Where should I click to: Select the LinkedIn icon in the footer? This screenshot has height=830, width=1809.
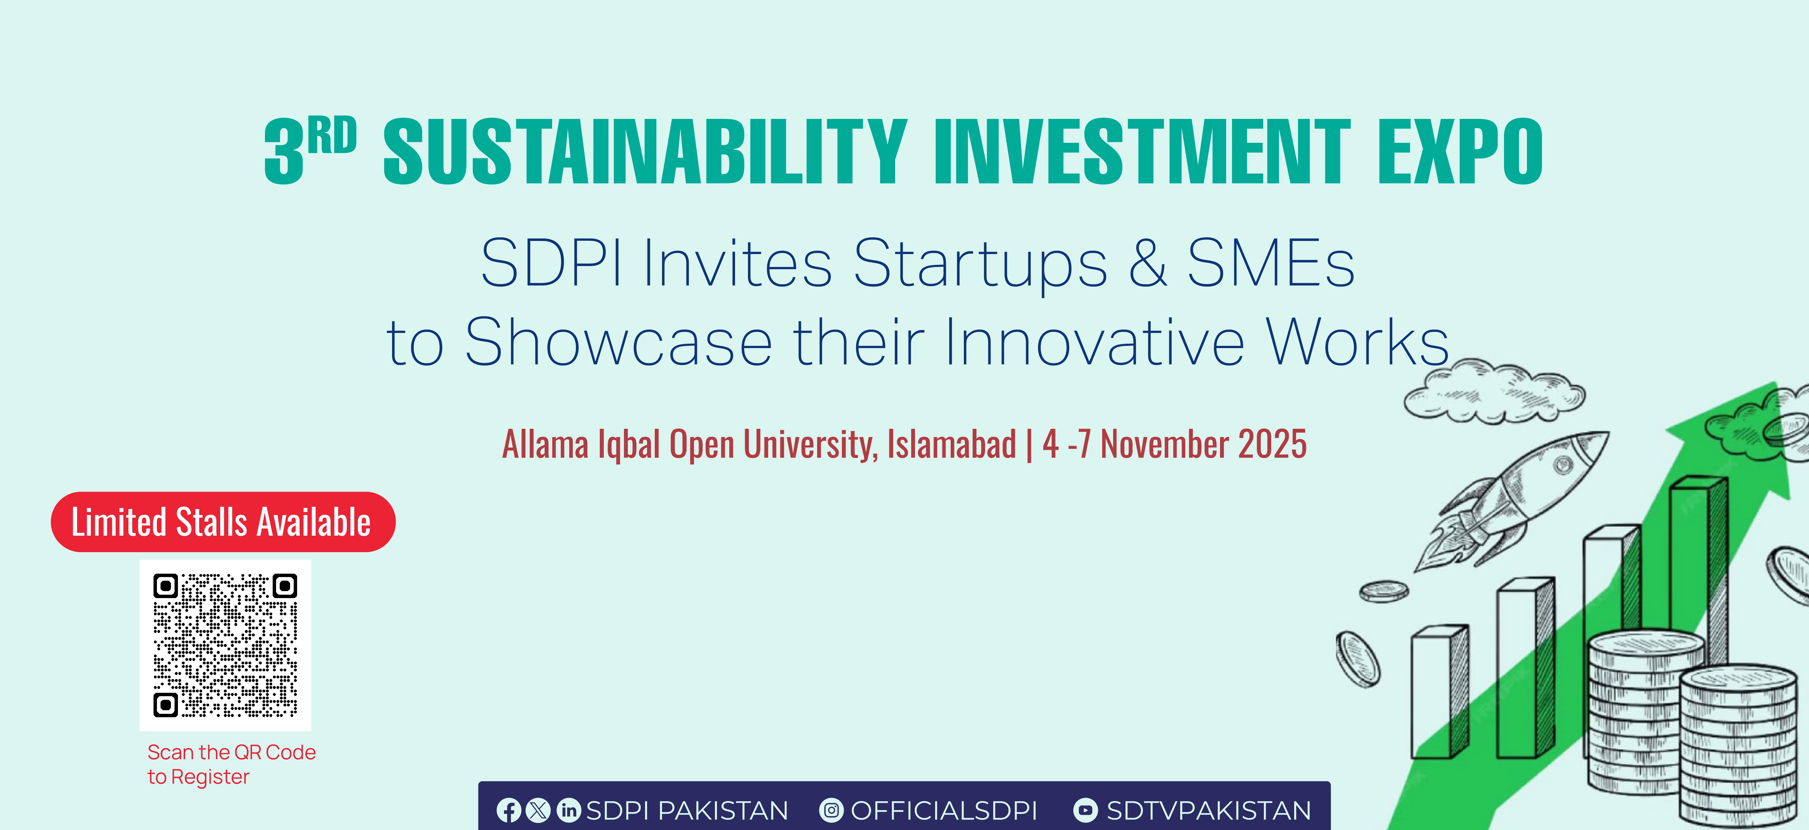[568, 810]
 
